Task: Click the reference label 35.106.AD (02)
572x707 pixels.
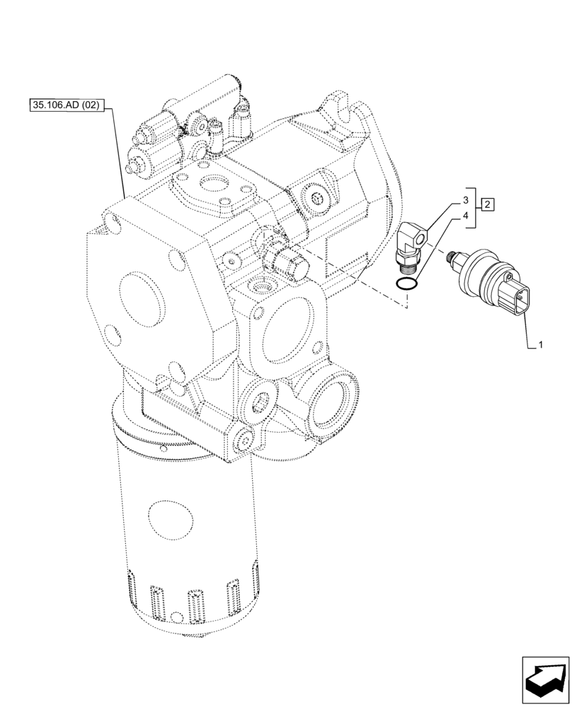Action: [x=68, y=106]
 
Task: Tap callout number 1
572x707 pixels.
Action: [x=540, y=345]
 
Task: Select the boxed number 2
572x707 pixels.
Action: [x=488, y=205]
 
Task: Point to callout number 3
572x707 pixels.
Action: [x=466, y=199]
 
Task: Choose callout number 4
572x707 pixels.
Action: [x=466, y=215]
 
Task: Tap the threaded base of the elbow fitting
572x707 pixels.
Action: [x=408, y=265]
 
